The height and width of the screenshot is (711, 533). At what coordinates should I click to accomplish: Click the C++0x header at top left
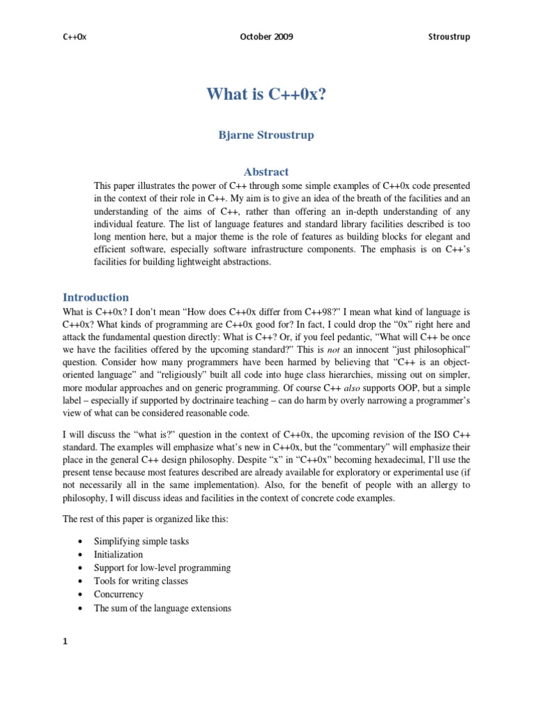pyautogui.click(x=74, y=37)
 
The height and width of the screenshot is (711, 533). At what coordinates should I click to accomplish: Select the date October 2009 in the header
pyautogui.click(x=266, y=37)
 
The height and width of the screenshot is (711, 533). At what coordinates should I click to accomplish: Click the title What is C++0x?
pyautogui.click(x=266, y=94)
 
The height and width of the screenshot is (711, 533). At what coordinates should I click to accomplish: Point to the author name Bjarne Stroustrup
pyautogui.click(x=266, y=135)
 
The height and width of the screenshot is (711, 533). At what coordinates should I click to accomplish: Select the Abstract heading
pyautogui.click(x=266, y=172)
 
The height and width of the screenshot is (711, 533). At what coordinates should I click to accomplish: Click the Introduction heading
pyautogui.click(x=96, y=297)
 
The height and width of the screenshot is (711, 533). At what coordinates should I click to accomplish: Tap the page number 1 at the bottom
pyautogui.click(x=65, y=642)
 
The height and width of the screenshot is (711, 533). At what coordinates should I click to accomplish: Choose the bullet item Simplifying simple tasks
pyautogui.click(x=141, y=541)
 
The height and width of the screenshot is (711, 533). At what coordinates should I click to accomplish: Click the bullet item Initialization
pyautogui.click(x=118, y=555)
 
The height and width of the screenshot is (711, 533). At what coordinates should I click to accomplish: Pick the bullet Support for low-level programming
pyautogui.click(x=162, y=568)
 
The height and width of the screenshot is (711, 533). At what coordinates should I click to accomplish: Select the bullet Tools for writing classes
pyautogui.click(x=141, y=581)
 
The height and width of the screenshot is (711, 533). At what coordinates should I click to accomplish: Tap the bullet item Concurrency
pyautogui.click(x=119, y=594)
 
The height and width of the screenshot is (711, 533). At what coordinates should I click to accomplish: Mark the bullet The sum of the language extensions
pyautogui.click(x=162, y=608)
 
